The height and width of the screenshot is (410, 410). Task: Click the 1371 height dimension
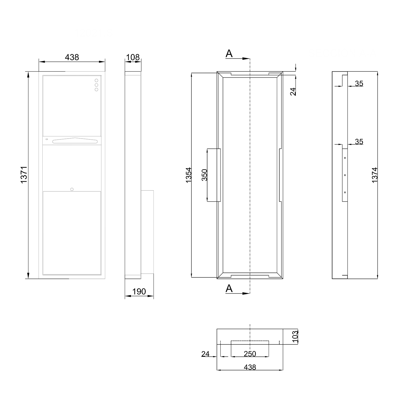24,175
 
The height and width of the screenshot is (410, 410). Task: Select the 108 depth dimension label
133,57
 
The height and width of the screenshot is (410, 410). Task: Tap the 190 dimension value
139,292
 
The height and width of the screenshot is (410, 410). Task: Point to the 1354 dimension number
189,175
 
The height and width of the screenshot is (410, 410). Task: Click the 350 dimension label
204,175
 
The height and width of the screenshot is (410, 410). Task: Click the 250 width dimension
250,354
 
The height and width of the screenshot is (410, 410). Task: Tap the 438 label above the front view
72,57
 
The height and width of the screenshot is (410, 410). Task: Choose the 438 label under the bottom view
250,367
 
